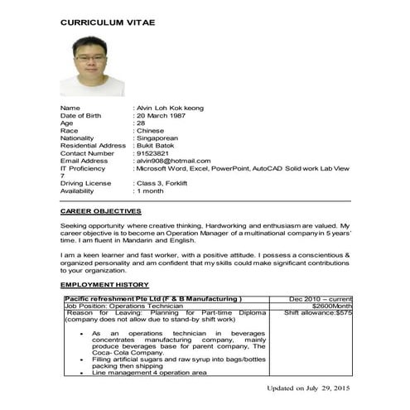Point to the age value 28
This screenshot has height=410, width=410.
[x=141, y=123]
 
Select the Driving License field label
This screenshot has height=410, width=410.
[x=85, y=183]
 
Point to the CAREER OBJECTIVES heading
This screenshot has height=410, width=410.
[x=101, y=212]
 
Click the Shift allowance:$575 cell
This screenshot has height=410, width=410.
[x=318, y=313]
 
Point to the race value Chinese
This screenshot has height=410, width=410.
[x=151, y=131]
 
